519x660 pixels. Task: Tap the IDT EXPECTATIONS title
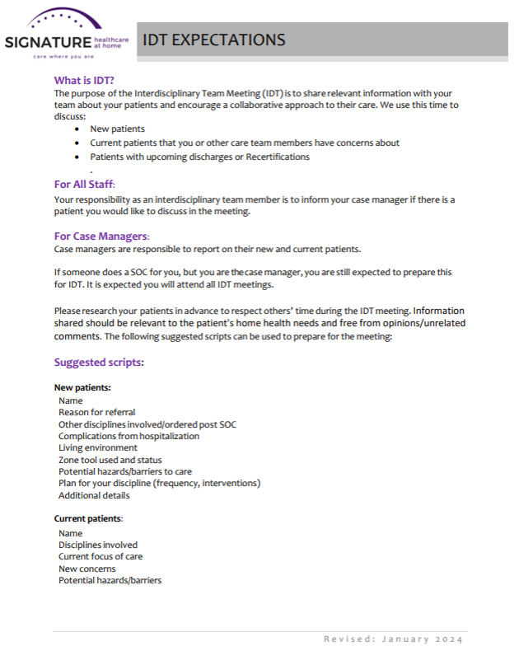tap(214, 40)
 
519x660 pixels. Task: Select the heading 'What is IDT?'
tap(84, 81)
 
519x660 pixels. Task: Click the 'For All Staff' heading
tap(84, 184)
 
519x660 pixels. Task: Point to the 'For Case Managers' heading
tap(101, 236)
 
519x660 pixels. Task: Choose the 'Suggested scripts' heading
tap(99, 362)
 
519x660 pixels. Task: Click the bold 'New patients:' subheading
tap(82, 387)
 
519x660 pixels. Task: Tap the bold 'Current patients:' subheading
tap(88, 518)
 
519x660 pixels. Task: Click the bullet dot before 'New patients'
tap(77, 129)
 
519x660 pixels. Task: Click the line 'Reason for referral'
tap(96, 412)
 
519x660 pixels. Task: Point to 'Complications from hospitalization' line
tap(129, 436)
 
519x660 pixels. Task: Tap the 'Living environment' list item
tap(97, 447)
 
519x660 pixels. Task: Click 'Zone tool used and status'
tap(110, 460)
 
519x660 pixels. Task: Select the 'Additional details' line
tap(94, 495)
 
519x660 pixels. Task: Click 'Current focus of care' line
tap(101, 556)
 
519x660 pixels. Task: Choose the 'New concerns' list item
tap(86, 569)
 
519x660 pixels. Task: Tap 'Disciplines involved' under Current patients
tap(98, 545)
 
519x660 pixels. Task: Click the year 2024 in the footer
tap(448, 639)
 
